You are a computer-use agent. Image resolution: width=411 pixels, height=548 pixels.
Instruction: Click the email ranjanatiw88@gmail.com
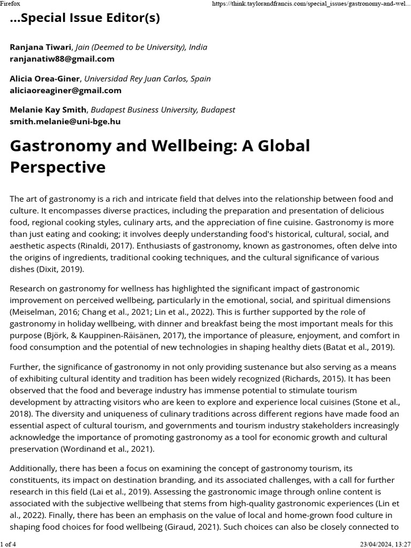click(x=62, y=59)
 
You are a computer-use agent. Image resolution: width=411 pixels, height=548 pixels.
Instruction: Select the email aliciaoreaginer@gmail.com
click(x=65, y=90)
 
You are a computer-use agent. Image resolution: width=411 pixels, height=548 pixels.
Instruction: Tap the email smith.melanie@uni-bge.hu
click(x=65, y=121)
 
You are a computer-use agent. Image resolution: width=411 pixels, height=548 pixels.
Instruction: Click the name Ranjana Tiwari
click(x=41, y=47)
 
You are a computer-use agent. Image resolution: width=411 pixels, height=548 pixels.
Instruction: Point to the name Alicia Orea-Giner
click(x=45, y=79)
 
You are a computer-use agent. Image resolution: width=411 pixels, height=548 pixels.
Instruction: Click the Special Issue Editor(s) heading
click(x=85, y=18)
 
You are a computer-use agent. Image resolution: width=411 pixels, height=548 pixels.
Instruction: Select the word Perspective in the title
click(x=58, y=167)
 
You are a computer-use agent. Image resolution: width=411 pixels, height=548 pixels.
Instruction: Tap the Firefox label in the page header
click(x=10, y=3)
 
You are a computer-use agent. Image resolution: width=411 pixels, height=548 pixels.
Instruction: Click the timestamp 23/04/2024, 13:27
click(x=382, y=544)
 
